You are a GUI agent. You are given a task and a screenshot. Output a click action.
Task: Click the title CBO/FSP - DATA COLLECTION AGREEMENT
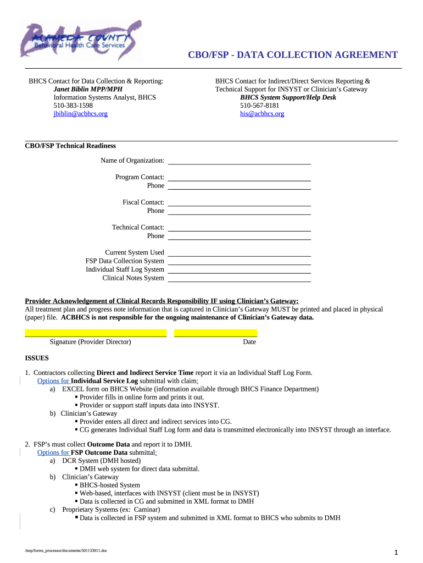pyautogui.click(x=293, y=54)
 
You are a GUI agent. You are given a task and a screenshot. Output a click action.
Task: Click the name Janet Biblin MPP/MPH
pyautogui.click(x=88, y=89)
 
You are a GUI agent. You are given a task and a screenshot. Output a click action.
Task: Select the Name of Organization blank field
pyautogui.click(x=239, y=161)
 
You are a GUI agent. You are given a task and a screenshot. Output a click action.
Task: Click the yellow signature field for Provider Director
pyautogui.click(x=96, y=333)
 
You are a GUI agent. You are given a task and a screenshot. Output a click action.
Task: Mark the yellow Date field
pyautogui.click(x=215, y=333)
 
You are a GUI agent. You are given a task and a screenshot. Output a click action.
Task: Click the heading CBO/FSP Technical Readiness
pyautogui.click(x=70, y=146)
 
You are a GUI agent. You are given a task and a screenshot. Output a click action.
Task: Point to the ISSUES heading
pyautogui.click(x=37, y=358)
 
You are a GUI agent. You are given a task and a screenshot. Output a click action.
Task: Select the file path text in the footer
pyautogui.click(x=66, y=550)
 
